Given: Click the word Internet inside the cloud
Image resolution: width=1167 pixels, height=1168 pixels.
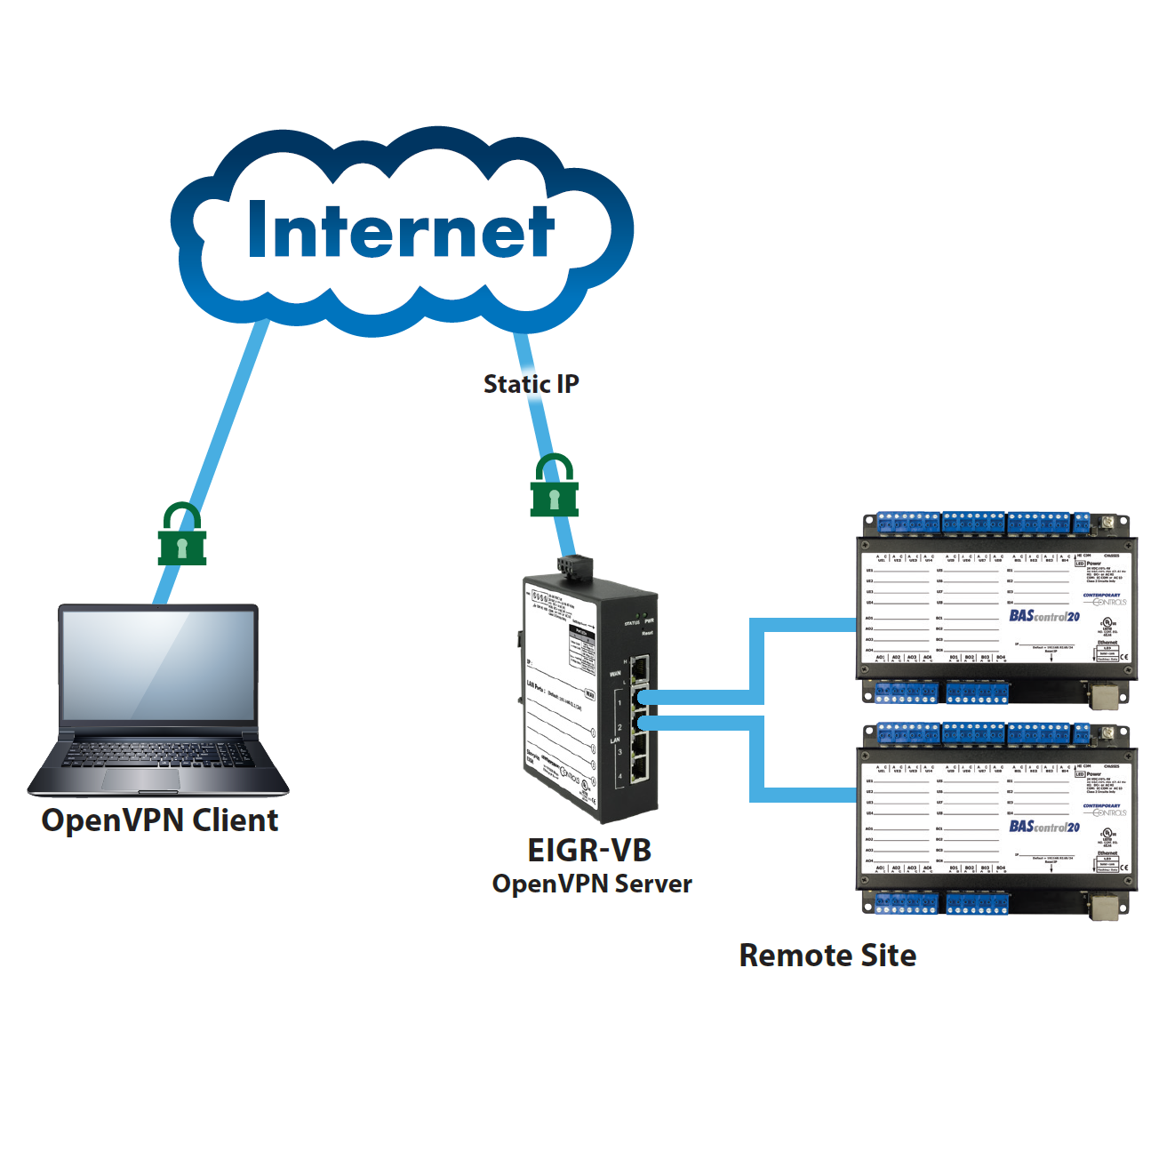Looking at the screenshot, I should tap(401, 230).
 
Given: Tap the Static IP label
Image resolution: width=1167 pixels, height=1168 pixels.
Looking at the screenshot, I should tap(531, 384).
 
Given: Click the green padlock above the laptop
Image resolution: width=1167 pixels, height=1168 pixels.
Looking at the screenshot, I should tap(182, 535).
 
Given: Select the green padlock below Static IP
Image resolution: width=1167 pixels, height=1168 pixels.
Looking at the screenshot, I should tap(554, 486).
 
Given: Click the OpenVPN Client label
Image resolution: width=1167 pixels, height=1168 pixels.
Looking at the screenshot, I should tap(160, 820).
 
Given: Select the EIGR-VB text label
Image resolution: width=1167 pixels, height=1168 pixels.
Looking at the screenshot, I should tap(589, 850).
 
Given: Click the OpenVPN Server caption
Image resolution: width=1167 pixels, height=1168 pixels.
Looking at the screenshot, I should tap(592, 884).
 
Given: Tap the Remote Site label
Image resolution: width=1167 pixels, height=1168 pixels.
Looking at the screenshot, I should tap(827, 956).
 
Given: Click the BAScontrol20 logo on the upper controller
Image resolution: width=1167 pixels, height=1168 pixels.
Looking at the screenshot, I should tap(1043, 616).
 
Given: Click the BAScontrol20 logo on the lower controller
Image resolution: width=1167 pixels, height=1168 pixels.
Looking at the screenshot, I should tap(1043, 827).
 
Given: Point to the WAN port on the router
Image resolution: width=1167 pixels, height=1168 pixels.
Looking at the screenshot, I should tap(639, 667).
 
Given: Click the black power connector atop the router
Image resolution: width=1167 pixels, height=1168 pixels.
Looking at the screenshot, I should tap(574, 565).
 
